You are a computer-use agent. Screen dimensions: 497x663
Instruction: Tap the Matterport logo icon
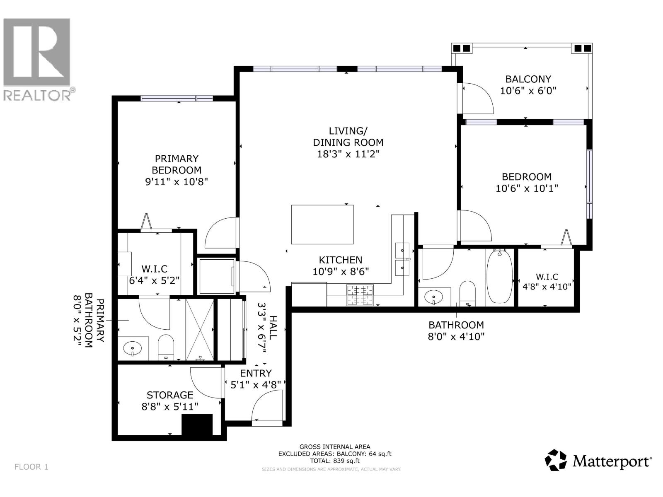(555, 460)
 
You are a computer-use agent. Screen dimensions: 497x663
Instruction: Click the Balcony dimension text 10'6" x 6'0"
(528, 91)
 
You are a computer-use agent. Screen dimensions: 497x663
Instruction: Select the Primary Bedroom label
(177, 164)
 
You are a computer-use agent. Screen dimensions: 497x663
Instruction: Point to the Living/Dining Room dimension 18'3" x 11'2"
(348, 154)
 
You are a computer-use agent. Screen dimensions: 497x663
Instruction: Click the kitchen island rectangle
(322, 224)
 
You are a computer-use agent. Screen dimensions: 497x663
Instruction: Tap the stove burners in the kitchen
(360, 295)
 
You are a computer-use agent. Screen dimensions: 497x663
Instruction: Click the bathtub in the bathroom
(499, 276)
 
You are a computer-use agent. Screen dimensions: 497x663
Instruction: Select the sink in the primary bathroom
(133, 348)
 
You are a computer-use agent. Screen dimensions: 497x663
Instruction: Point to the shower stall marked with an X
(200, 330)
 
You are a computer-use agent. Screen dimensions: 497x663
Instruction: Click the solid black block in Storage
(197, 425)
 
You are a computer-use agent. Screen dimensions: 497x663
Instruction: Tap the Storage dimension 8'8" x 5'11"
(170, 407)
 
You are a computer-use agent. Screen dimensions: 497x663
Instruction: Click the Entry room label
(256, 373)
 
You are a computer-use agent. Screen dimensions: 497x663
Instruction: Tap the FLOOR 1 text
(31, 467)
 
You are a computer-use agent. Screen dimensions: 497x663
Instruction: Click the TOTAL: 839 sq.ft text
(334, 461)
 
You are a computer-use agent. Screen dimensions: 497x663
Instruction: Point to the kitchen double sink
(402, 259)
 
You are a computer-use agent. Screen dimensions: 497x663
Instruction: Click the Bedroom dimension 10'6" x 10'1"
(527, 188)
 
